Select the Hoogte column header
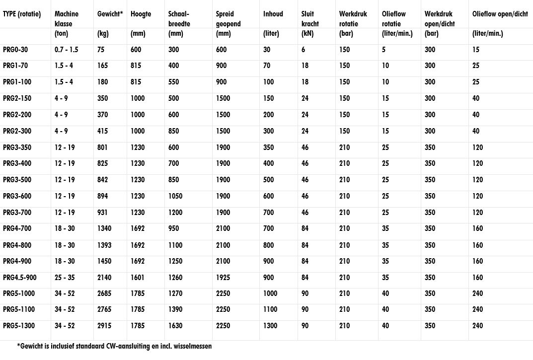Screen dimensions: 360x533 (x=141, y=14)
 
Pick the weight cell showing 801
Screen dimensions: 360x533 (x=102, y=147)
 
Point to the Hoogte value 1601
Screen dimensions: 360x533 (x=138, y=277)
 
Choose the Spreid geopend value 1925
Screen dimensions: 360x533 (x=224, y=277)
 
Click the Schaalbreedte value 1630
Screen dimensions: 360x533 (x=176, y=326)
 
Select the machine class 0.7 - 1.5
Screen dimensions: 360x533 (x=67, y=50)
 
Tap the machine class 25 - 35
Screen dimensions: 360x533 (x=65, y=277)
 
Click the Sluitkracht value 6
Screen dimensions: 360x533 (x=304, y=50)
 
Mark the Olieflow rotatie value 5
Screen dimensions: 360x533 (x=384, y=50)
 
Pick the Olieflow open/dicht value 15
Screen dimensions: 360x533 (x=476, y=50)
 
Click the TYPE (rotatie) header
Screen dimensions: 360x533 (x=22, y=14)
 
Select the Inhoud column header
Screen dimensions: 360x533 (x=273, y=14)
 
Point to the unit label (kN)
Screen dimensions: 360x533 (x=308, y=34)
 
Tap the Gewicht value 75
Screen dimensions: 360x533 (x=101, y=50)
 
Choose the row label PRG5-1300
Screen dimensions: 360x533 (x=18, y=326)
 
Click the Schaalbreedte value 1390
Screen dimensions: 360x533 (x=176, y=309)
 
